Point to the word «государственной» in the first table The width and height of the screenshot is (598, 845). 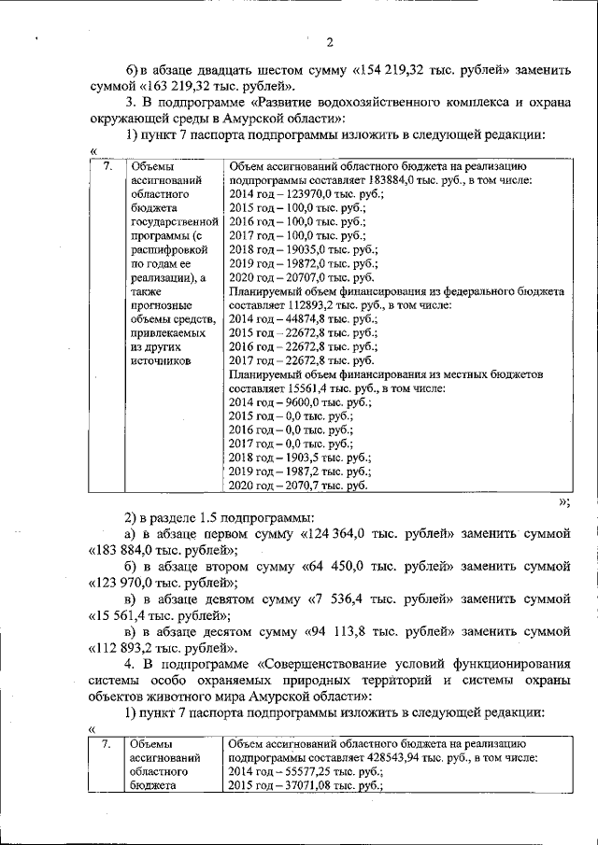coord(175,222)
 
